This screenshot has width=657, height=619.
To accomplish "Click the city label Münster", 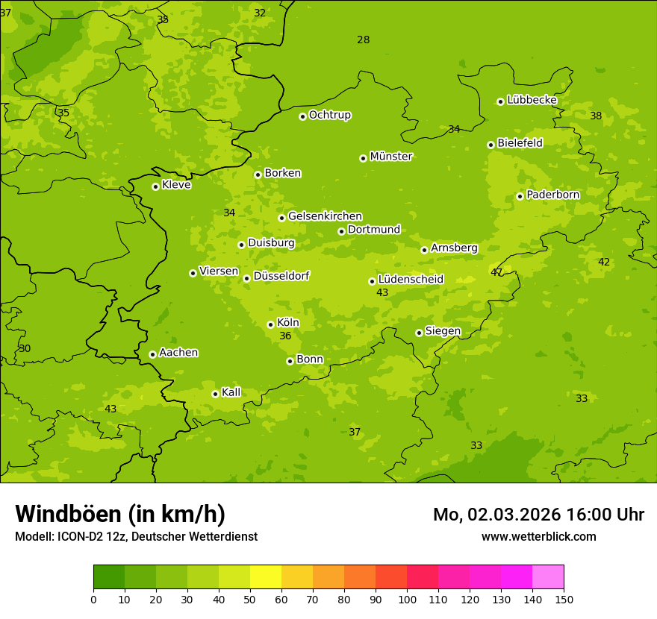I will tap(391, 157).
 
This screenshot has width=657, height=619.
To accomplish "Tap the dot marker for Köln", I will tap(270, 324).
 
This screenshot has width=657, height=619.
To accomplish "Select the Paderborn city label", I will tap(552, 195).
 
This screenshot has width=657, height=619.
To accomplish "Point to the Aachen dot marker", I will tap(152, 354).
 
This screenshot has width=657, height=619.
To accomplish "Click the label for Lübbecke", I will tap(532, 100).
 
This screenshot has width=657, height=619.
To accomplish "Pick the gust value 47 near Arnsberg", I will tap(496, 272).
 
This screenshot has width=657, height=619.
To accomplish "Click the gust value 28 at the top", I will tap(363, 40).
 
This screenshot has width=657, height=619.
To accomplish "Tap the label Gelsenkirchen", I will tap(325, 216).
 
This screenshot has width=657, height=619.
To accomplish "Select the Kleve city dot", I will tap(155, 186).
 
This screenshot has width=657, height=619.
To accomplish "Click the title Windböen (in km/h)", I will tap(120, 514).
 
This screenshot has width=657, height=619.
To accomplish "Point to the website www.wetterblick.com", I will tap(538, 536).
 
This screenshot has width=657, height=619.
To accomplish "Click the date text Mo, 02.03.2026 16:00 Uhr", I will tap(538, 515).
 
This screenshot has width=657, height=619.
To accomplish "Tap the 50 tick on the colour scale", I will tap(250, 598).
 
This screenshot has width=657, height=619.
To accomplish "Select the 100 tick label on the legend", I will tap(407, 598).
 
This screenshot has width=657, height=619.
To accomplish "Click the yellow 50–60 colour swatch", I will tap(266, 577).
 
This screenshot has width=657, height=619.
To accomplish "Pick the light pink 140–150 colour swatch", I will tap(548, 577).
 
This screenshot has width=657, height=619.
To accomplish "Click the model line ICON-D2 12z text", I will tap(136, 536).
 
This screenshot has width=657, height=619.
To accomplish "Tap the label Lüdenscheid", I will tap(411, 280).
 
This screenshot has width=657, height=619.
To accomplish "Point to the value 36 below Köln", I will tap(285, 336).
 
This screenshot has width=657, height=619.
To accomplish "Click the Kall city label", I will tap(231, 392).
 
